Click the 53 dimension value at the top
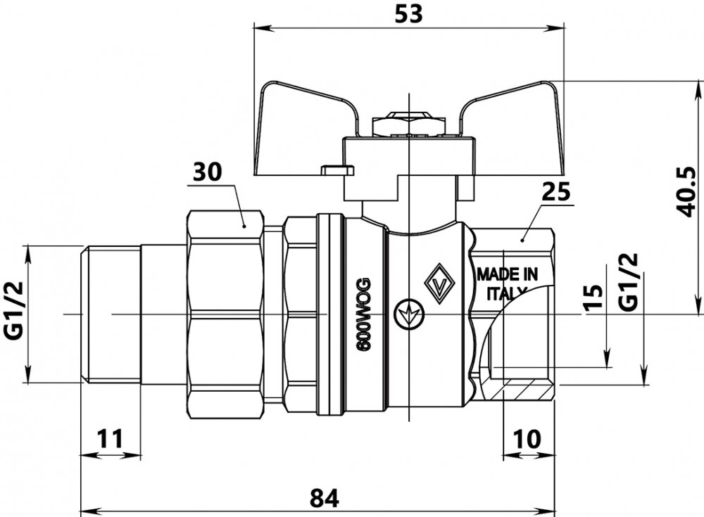[409, 15]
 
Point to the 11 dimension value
[109, 439]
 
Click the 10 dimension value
[527, 439]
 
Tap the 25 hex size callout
[555, 191]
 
